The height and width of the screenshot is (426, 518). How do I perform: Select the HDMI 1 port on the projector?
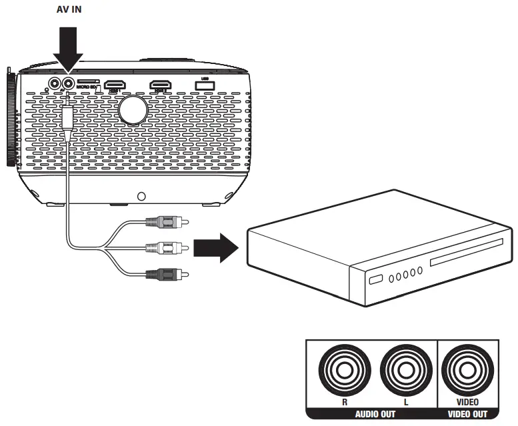[x=117, y=85]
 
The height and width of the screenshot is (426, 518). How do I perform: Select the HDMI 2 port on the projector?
[x=160, y=85]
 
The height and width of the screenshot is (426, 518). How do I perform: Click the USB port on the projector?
[x=201, y=84]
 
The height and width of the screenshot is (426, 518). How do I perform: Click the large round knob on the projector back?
[x=133, y=109]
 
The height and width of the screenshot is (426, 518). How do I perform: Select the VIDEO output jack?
[x=467, y=370]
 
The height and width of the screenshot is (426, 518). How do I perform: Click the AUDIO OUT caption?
[x=371, y=414]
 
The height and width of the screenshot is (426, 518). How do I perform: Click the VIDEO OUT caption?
[x=467, y=414]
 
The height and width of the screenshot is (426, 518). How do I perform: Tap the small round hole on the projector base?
[x=141, y=197]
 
